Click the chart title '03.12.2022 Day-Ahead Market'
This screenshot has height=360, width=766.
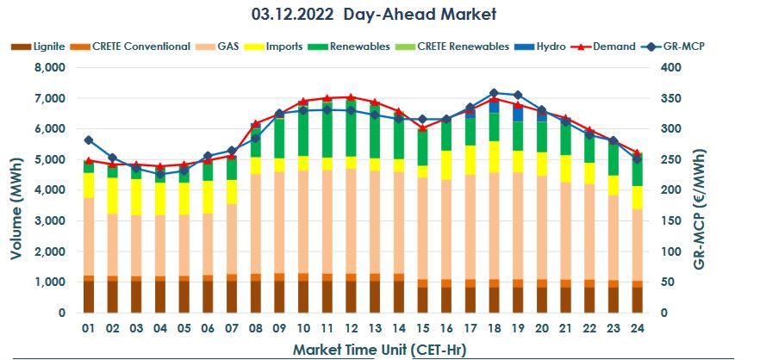pyautogui.click(x=382, y=15)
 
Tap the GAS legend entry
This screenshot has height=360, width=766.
pyautogui.click(x=226, y=47)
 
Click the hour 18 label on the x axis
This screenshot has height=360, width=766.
pyautogui.click(x=494, y=328)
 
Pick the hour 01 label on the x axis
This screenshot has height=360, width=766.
pyautogui.click(x=88, y=328)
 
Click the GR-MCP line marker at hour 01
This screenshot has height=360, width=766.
pyautogui.click(x=89, y=140)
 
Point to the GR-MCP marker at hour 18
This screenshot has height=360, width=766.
pyautogui.click(x=494, y=92)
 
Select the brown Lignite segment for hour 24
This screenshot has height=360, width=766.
pyautogui.click(x=637, y=299)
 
